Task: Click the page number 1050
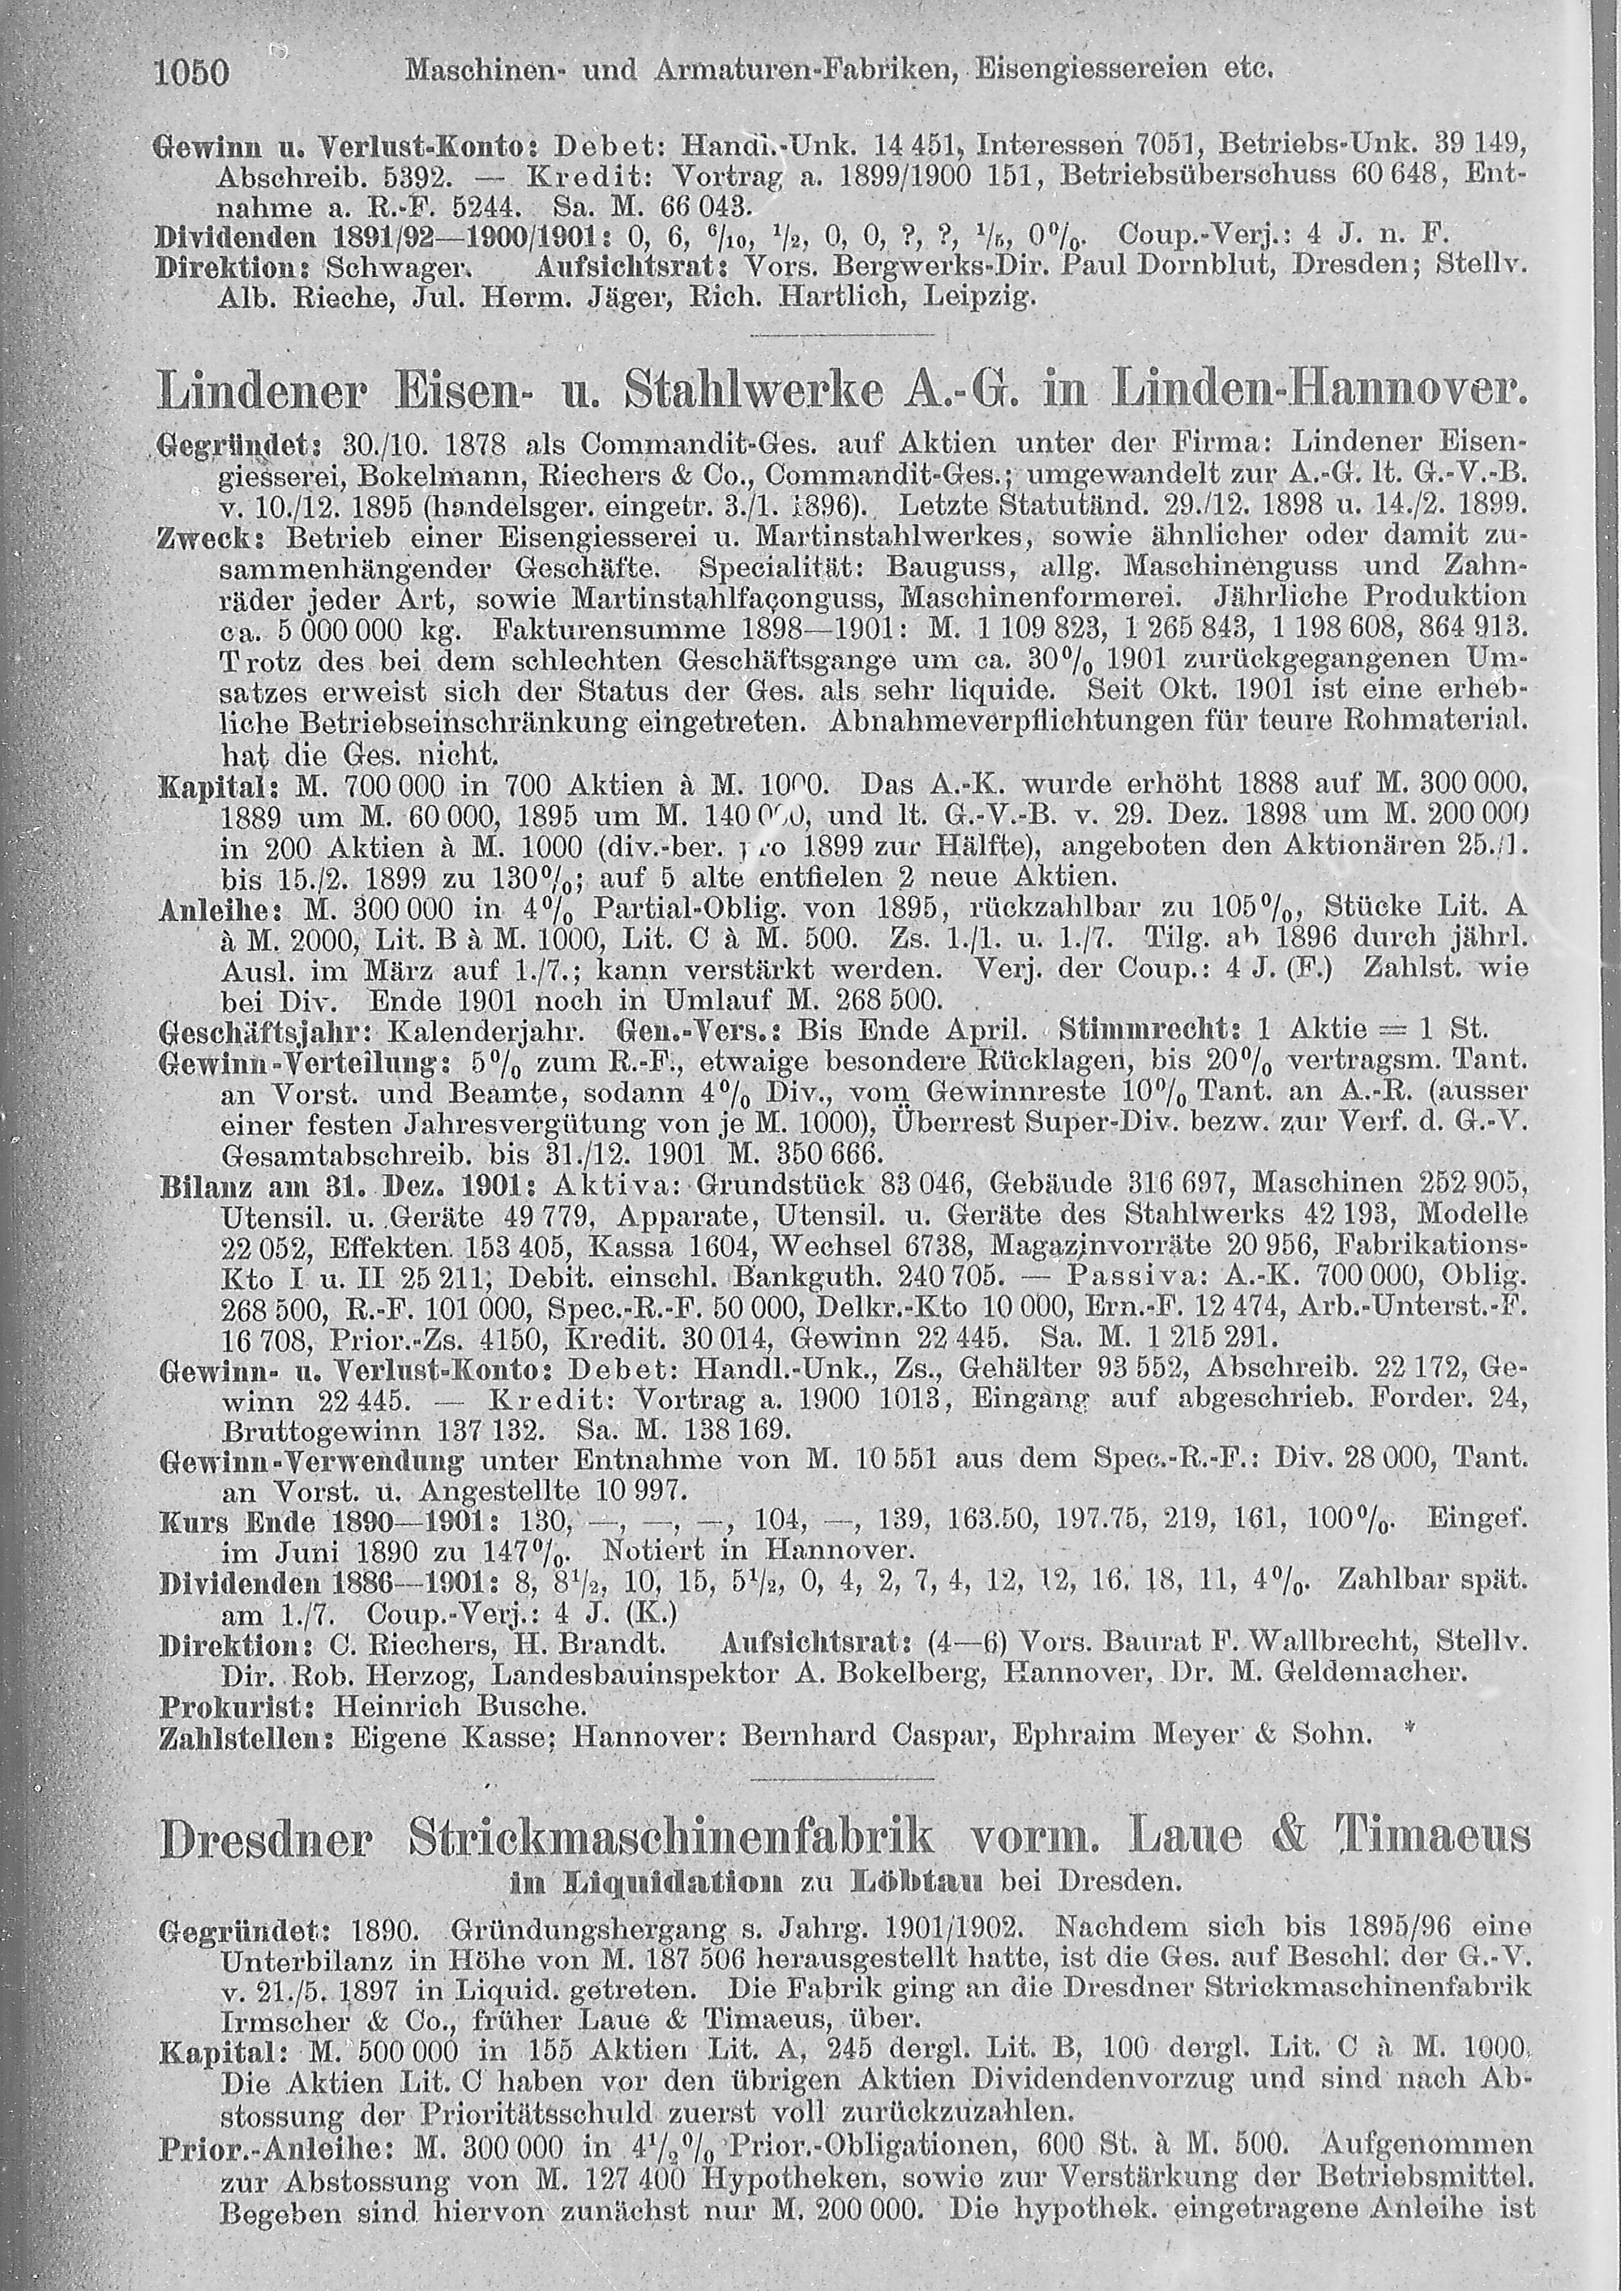point(194,73)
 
